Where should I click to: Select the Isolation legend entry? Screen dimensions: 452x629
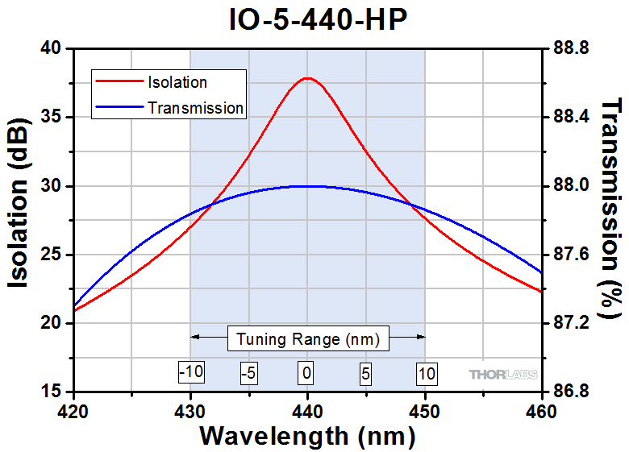(x=177, y=82)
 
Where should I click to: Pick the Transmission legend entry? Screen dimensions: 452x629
(x=195, y=107)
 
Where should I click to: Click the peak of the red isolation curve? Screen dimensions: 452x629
(x=306, y=78)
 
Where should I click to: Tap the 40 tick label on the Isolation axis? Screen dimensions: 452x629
(x=51, y=48)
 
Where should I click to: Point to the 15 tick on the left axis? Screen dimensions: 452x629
(x=51, y=392)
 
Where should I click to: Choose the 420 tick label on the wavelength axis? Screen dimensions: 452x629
(x=73, y=411)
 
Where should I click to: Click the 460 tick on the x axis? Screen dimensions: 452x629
(x=541, y=411)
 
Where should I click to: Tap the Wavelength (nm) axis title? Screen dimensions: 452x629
(x=307, y=436)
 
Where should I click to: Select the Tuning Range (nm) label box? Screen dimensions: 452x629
(x=308, y=338)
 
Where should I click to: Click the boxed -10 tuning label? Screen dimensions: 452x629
(x=190, y=373)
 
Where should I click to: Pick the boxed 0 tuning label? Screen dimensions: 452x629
(x=306, y=373)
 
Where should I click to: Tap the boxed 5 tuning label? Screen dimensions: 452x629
(x=366, y=373)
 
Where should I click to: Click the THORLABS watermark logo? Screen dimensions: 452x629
(x=502, y=374)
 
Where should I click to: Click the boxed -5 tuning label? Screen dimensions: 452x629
(x=249, y=373)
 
